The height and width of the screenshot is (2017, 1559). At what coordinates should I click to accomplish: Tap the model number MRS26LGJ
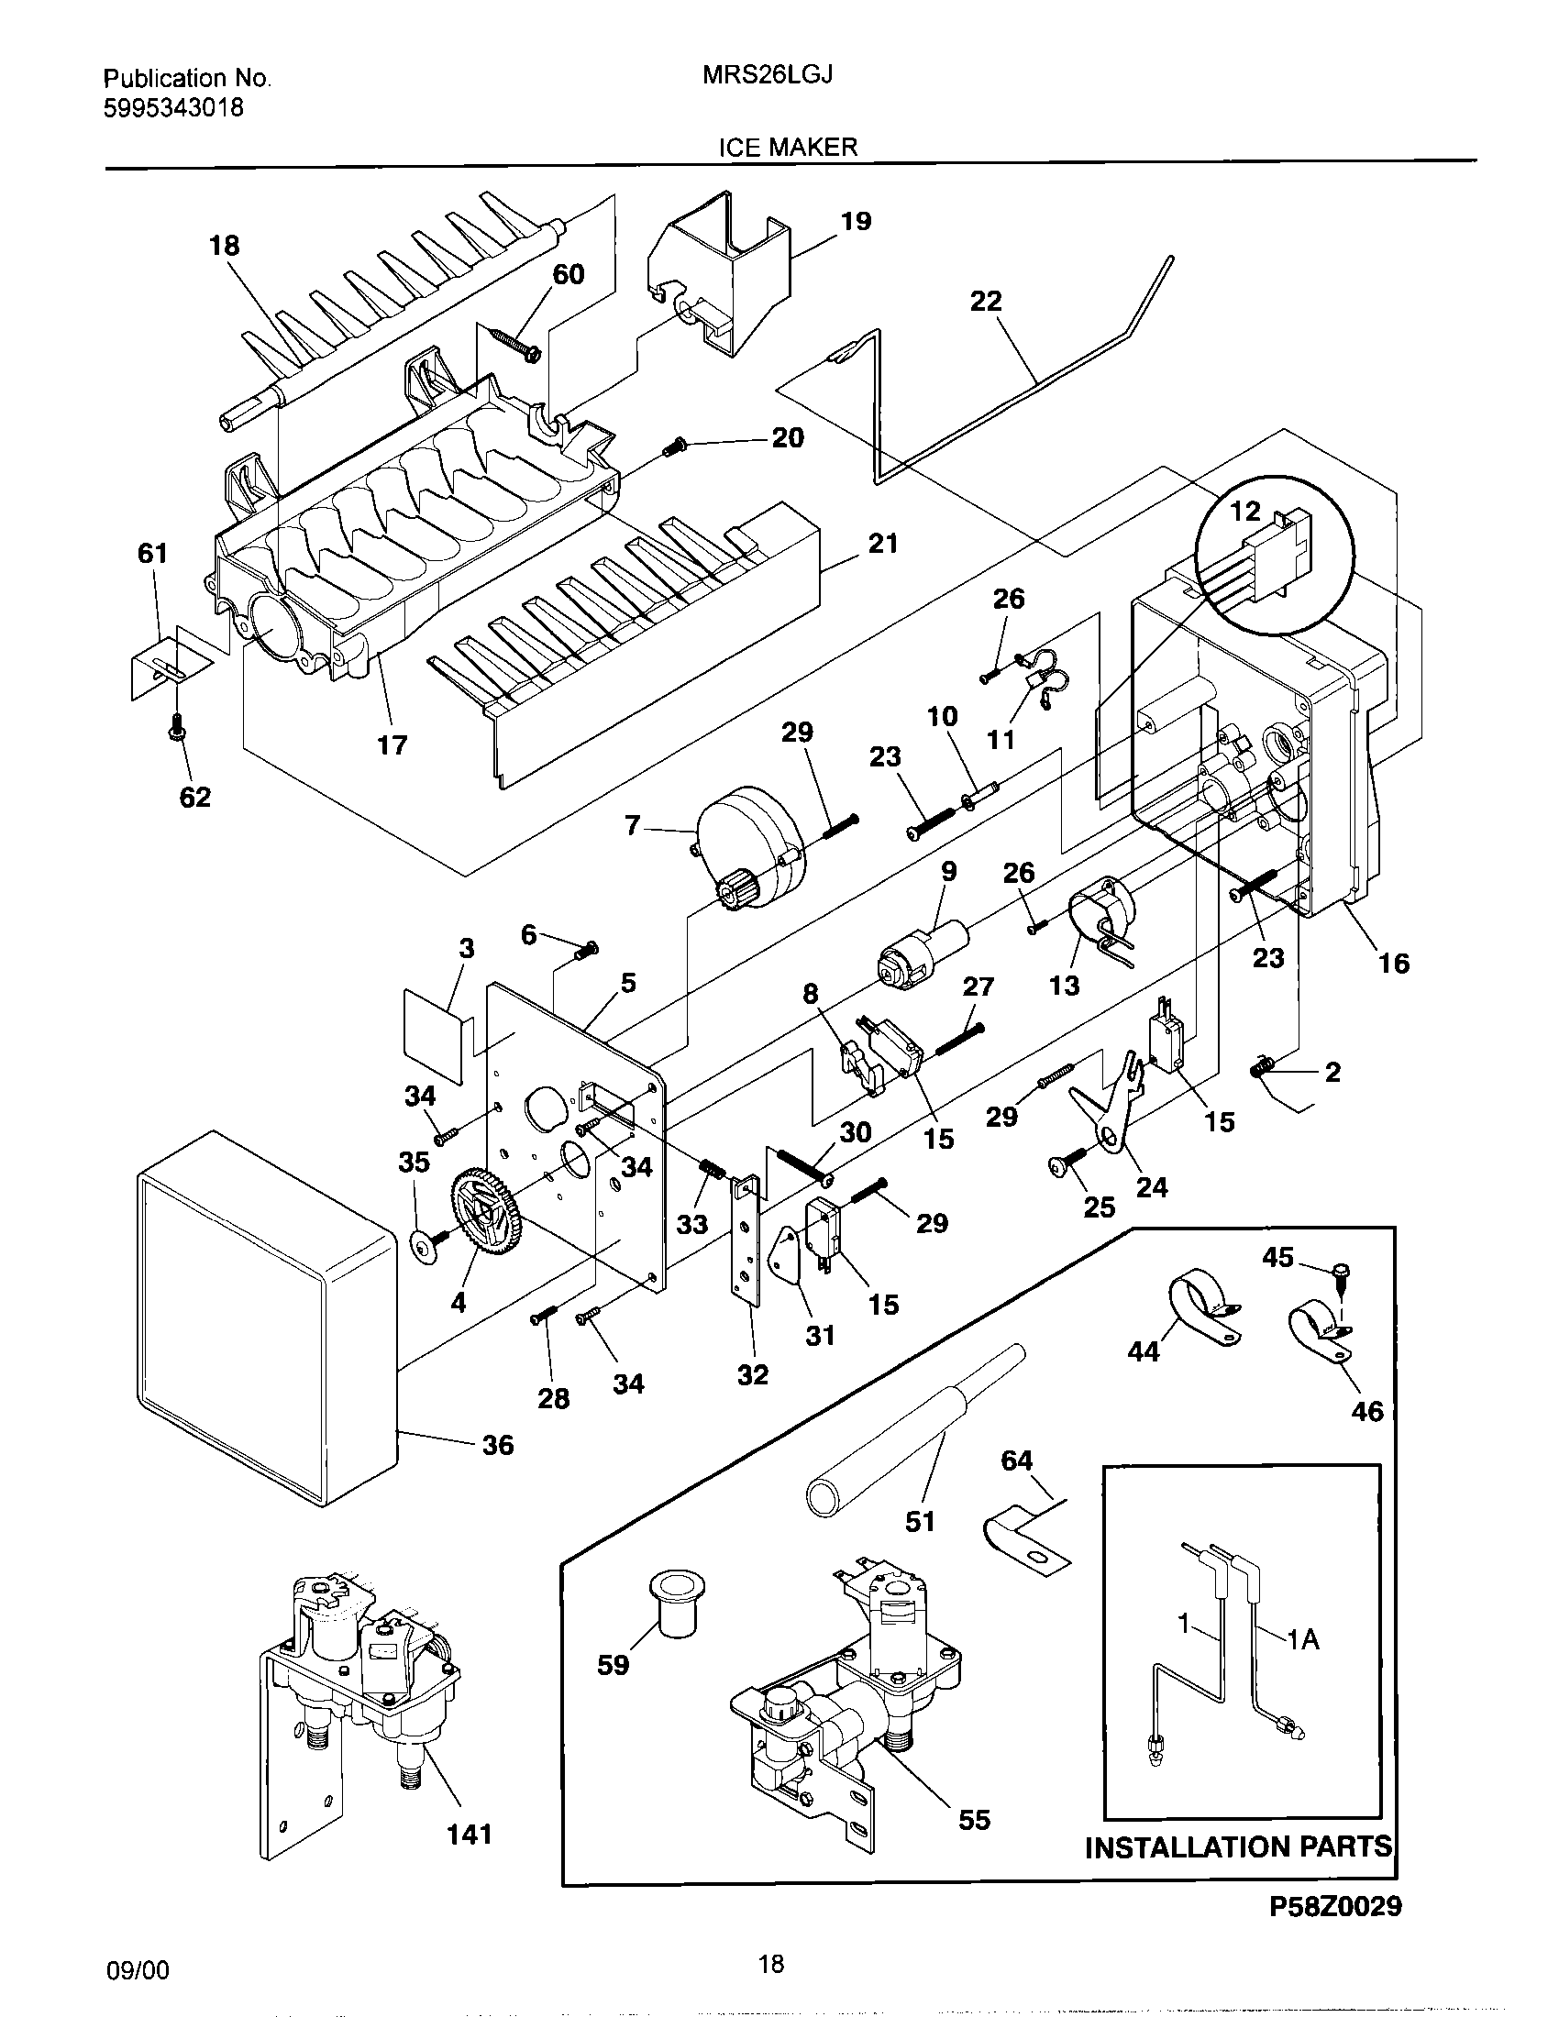768,76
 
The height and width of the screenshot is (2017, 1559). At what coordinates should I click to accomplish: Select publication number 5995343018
172,108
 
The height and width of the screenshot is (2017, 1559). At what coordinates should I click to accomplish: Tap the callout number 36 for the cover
498,1444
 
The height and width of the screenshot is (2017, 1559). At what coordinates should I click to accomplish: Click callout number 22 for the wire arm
986,301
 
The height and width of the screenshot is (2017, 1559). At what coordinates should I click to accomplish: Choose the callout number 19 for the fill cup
856,222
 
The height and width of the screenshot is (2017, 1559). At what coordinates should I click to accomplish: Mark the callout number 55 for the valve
974,1819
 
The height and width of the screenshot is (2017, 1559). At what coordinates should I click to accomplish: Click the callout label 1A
1302,1639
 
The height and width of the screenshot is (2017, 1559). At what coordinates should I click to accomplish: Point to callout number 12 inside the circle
1245,511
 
